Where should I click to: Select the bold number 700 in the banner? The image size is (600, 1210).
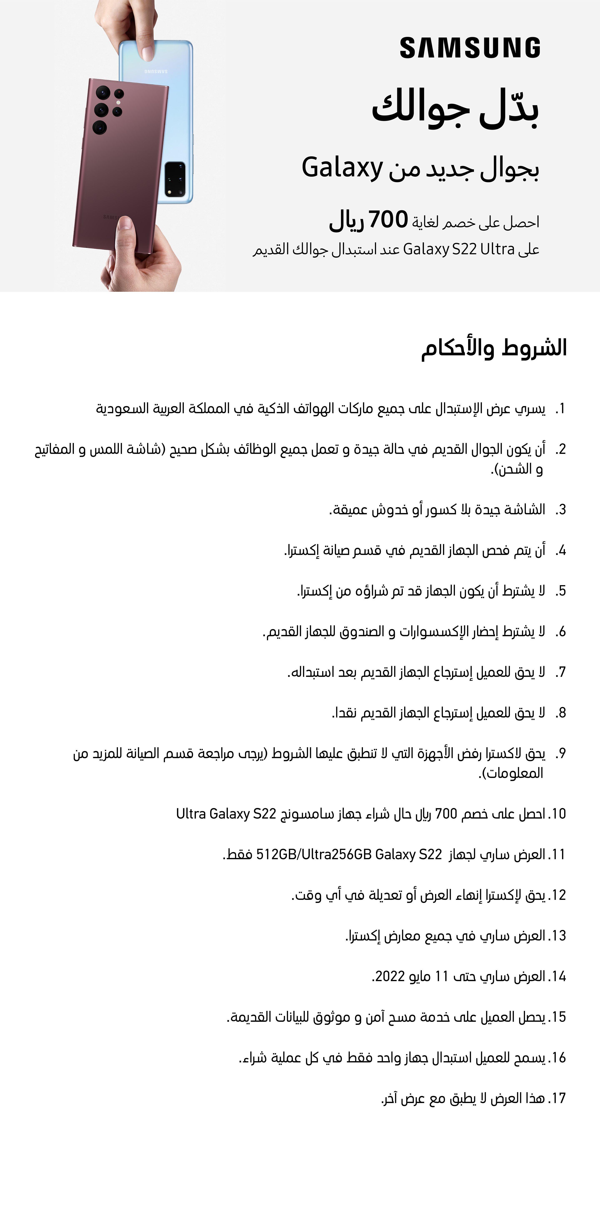[x=388, y=219]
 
